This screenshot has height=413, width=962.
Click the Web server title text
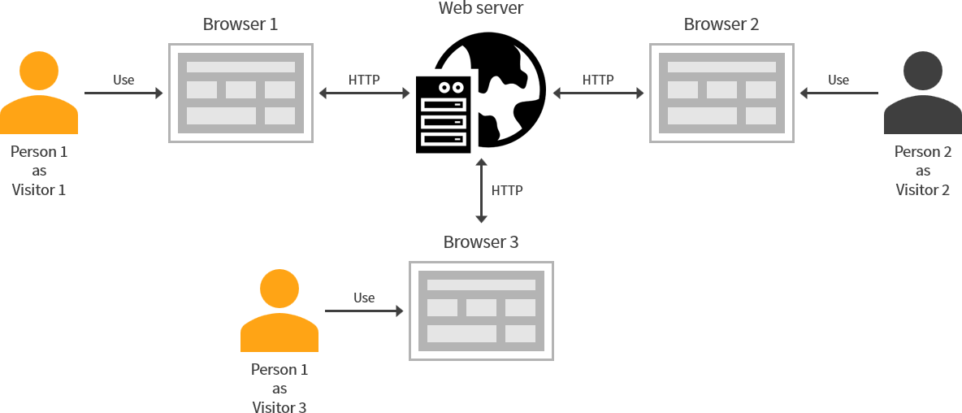pos(481,9)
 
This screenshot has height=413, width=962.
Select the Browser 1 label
pos(240,24)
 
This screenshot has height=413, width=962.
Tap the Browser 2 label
pos(721,24)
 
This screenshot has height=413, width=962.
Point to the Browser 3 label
pos(481,242)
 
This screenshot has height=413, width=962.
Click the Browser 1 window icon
pos(240,93)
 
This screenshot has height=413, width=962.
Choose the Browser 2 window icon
pos(721,93)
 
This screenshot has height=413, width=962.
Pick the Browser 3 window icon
pos(481,311)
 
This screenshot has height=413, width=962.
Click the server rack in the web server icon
pos(443,114)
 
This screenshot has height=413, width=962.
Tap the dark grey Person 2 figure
pos(922,93)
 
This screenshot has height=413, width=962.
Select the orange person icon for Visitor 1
pos(39,93)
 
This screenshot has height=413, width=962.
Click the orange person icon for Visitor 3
pos(279,311)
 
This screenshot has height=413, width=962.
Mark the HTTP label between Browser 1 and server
pos(364,80)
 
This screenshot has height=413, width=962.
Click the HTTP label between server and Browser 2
pos(598,80)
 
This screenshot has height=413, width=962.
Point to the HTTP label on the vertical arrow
pos(507,190)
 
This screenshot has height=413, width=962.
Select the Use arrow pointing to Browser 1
pos(123,93)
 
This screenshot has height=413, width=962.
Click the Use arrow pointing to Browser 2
pos(839,93)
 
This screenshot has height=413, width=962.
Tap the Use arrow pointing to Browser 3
pos(364,311)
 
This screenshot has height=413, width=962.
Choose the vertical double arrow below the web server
pos(481,190)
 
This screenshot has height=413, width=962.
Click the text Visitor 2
pos(922,190)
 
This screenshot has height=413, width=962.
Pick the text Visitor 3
pos(279,407)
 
